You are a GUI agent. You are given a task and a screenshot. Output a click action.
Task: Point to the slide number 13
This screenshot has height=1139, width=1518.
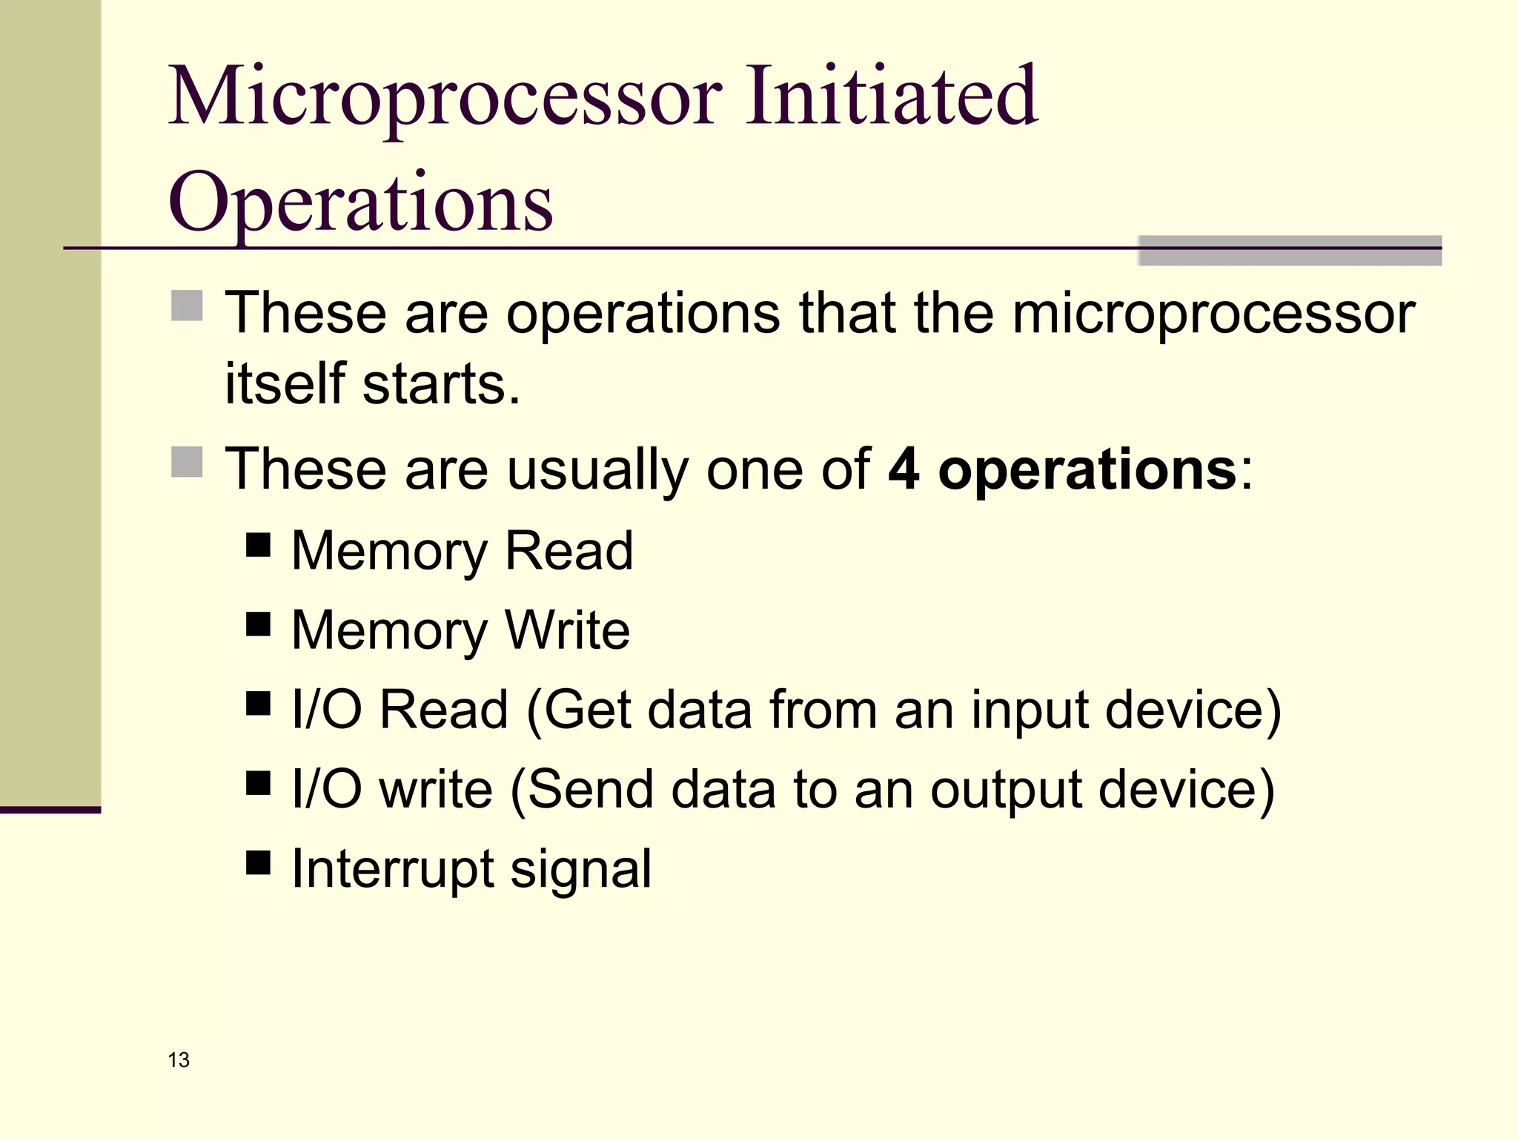click(179, 1060)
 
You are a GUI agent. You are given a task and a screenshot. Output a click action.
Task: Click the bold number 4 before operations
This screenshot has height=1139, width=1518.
click(904, 469)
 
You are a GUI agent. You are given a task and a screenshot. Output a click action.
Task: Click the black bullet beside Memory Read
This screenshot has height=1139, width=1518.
click(258, 546)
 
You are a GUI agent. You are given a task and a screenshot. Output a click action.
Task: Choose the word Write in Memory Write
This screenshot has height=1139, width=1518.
click(567, 630)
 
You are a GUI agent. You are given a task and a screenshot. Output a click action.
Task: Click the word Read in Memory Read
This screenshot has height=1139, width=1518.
click(569, 551)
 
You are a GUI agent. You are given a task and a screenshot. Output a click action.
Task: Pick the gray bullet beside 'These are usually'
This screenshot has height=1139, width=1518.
click(187, 462)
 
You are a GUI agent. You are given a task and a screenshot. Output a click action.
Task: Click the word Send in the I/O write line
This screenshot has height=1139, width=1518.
click(591, 789)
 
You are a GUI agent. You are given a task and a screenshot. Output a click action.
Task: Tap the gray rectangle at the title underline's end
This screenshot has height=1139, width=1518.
click(1289, 251)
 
